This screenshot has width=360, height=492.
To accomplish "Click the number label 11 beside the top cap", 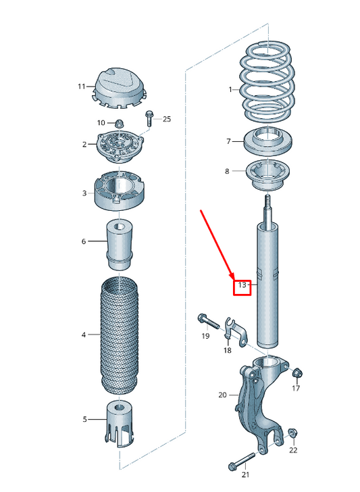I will [x=82, y=87].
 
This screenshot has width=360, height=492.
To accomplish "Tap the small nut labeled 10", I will [x=118, y=123].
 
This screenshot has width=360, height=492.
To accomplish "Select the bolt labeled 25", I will [x=149, y=119].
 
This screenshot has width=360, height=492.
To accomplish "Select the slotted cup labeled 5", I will [x=120, y=424].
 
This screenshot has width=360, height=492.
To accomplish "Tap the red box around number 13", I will [x=242, y=289].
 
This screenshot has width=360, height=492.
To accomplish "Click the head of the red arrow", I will [x=233, y=276].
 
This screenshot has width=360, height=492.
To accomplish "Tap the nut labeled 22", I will [x=292, y=433].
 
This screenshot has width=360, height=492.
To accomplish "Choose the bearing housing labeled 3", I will [x=120, y=191].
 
